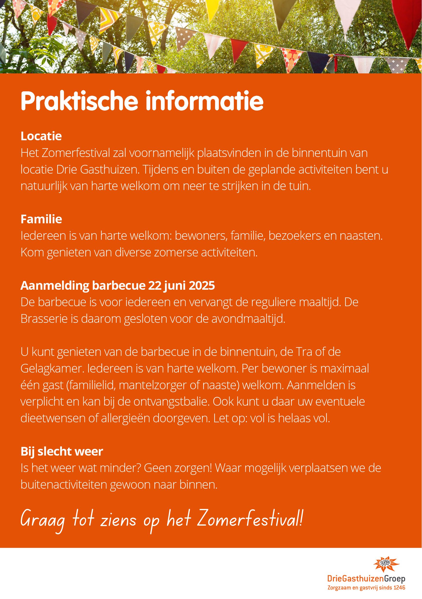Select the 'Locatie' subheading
point(41,136)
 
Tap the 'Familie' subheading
point(41,219)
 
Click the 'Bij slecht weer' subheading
point(62,451)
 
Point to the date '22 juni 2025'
point(181,286)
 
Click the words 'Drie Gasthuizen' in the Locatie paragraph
point(97,170)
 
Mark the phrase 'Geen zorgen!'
point(178,468)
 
